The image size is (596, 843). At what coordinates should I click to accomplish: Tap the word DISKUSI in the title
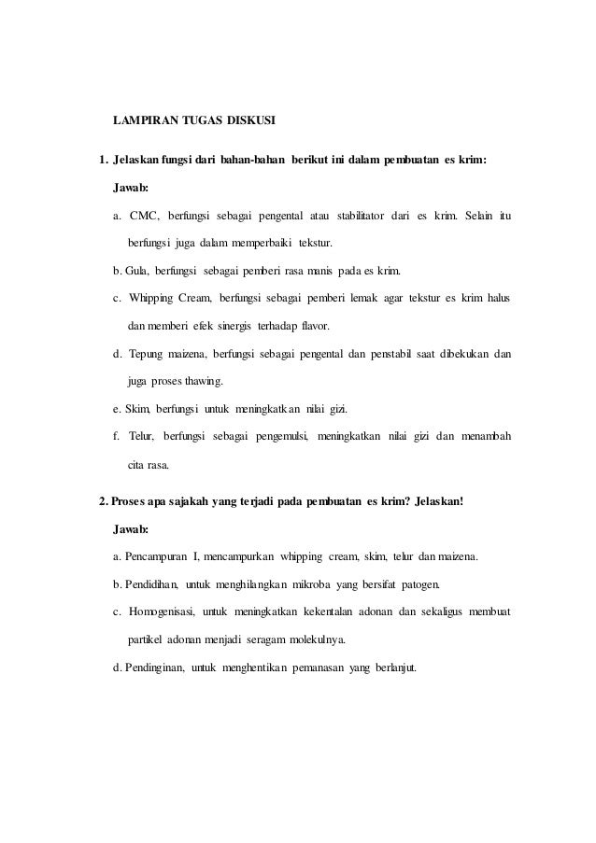[x=248, y=121]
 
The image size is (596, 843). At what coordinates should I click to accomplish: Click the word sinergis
[x=240, y=327]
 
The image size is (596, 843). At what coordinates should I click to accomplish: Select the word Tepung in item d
[x=149, y=355]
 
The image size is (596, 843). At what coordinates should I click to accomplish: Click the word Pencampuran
[x=156, y=557]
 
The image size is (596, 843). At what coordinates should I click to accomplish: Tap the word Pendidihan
[x=150, y=584]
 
